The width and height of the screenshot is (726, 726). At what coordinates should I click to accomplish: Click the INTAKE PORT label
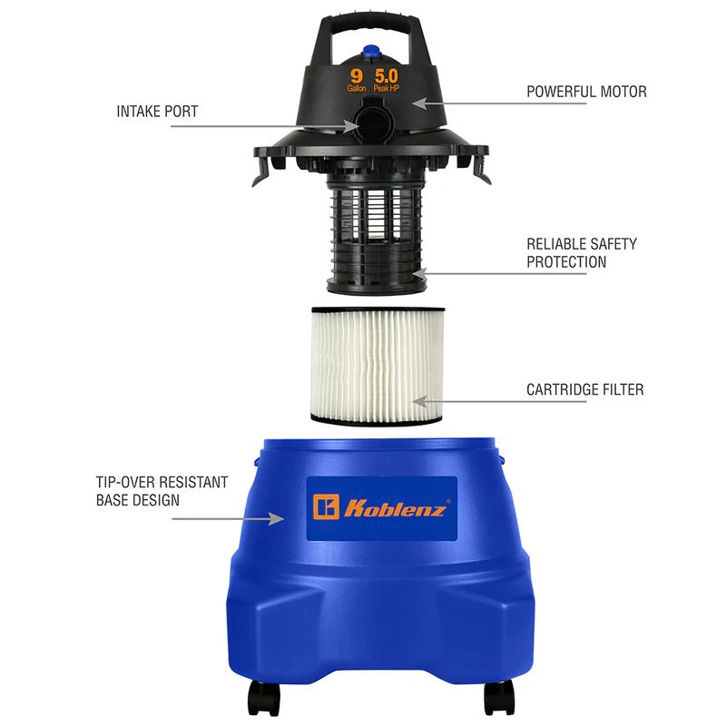coord(157,112)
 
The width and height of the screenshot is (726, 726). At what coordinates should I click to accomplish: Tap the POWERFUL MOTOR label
coord(586,92)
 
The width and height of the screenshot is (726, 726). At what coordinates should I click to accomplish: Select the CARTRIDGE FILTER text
coord(584,389)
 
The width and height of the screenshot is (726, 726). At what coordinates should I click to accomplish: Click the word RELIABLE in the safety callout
coord(554,244)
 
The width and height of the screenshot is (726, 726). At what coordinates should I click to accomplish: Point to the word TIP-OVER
coord(124,483)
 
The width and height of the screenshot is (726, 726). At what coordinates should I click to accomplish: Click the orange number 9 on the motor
coord(356,75)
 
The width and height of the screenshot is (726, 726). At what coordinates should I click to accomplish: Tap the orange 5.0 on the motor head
coord(387,76)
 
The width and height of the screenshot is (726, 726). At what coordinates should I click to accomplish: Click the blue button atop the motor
coord(370,51)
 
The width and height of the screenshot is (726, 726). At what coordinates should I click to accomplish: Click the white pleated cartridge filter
coord(378,365)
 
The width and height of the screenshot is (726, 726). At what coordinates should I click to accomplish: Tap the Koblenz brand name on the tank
coord(395,508)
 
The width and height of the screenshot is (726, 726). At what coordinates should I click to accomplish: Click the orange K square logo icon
coord(326,507)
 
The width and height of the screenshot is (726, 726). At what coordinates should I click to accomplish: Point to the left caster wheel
coord(264,698)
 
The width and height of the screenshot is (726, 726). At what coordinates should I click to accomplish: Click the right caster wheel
coord(499,698)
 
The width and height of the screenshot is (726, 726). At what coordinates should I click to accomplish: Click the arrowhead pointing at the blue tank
coord(277,518)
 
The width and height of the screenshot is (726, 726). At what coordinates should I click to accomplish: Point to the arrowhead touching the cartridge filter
coord(419,401)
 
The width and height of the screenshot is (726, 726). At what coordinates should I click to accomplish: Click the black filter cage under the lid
coord(377,234)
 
